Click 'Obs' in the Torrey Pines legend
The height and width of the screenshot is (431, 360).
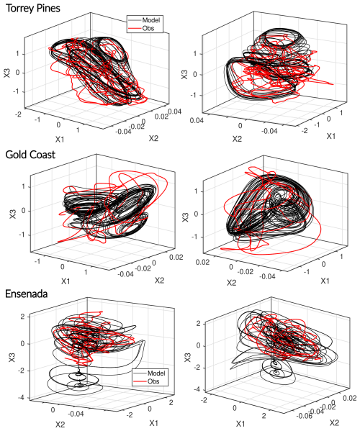pyautogui.click(x=148, y=27)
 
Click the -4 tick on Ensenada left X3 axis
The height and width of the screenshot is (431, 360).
pyautogui.click(x=20, y=398)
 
